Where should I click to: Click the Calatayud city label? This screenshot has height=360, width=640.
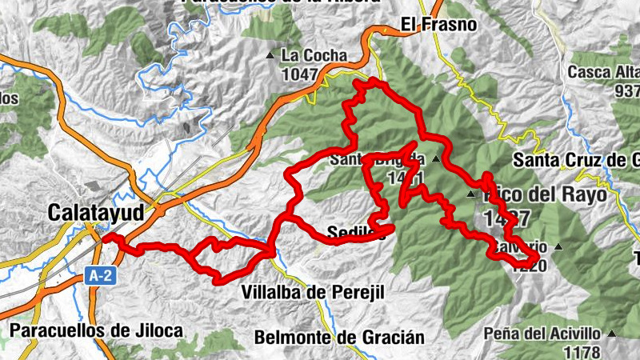(x=95, y=213)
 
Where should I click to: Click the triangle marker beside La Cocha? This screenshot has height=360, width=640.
(x=270, y=56)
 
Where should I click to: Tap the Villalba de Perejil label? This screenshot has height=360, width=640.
(x=312, y=293)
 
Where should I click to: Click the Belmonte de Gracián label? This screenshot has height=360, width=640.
(x=339, y=337)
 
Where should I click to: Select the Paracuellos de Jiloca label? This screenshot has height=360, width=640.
(x=97, y=330)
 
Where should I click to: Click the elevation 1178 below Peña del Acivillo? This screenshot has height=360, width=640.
(x=582, y=351)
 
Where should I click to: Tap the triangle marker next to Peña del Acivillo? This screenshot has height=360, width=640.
(x=612, y=334)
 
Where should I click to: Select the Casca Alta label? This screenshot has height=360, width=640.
(x=604, y=72)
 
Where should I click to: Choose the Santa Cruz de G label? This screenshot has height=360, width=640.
(x=576, y=158)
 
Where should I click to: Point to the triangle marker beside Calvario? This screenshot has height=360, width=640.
(x=559, y=246)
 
